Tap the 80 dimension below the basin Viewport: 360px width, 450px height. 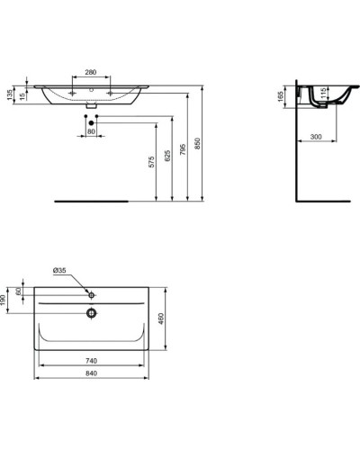[90, 132]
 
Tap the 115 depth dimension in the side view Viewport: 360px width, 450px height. [324, 94]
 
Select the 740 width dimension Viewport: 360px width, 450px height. [90, 360]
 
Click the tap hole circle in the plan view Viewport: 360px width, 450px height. [91, 294]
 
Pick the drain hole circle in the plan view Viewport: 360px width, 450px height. [90, 313]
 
